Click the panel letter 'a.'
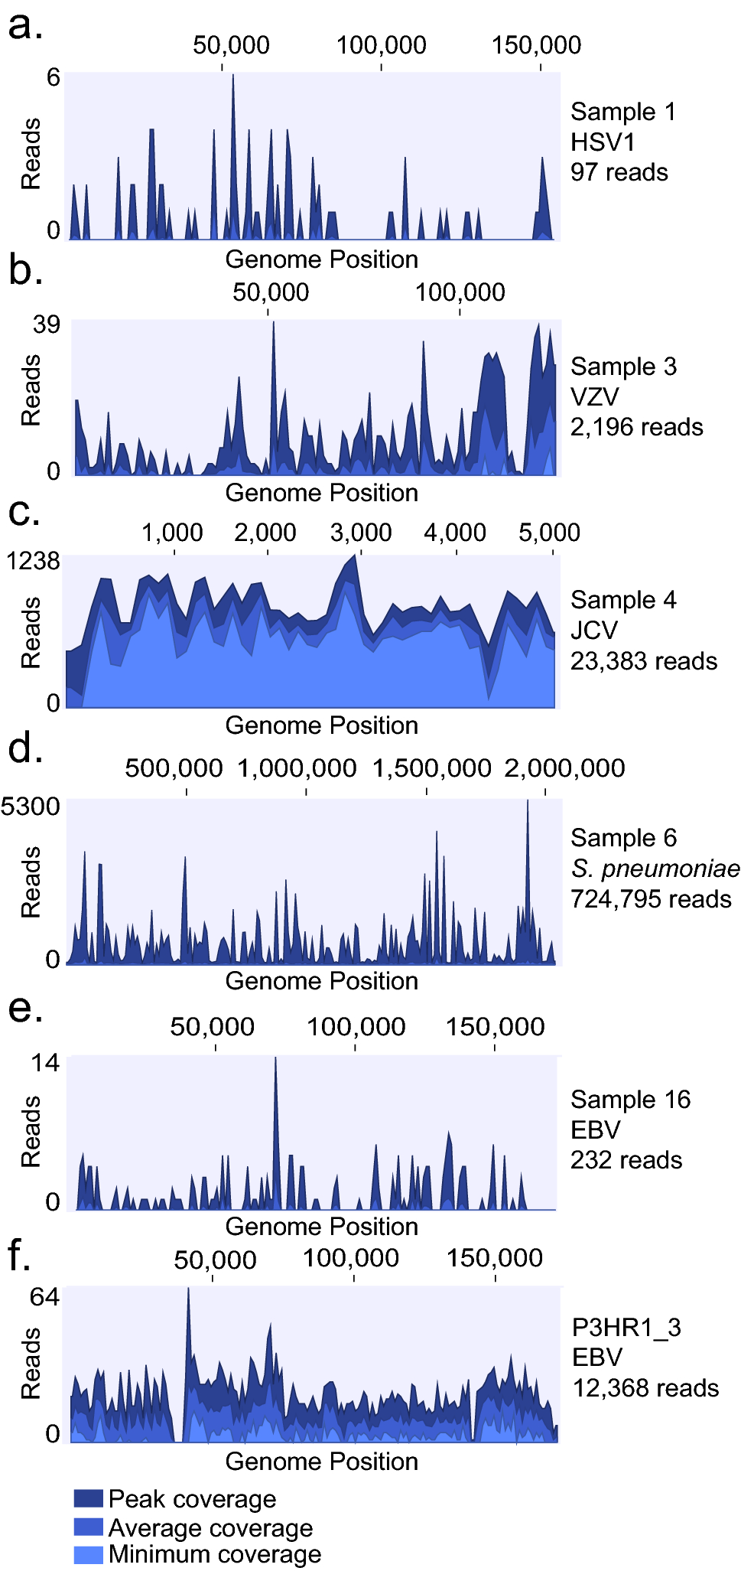[x=24, y=26]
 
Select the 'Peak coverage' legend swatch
[x=88, y=1498]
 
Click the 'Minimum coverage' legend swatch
[x=88, y=1555]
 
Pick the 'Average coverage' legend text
[x=210, y=1528]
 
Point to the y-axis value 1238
[x=33, y=561]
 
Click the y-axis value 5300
[x=31, y=806]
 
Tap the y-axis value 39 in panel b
[x=46, y=324]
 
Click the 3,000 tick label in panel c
[x=361, y=533]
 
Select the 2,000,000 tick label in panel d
[x=564, y=768]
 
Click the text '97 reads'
[x=619, y=172]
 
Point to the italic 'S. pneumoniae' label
[x=655, y=869]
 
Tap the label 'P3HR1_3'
[x=626, y=1328]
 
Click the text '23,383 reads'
[x=644, y=661]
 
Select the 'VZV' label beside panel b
[x=594, y=396]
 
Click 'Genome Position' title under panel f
[x=321, y=1461]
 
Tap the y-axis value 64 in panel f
[x=44, y=1296]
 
